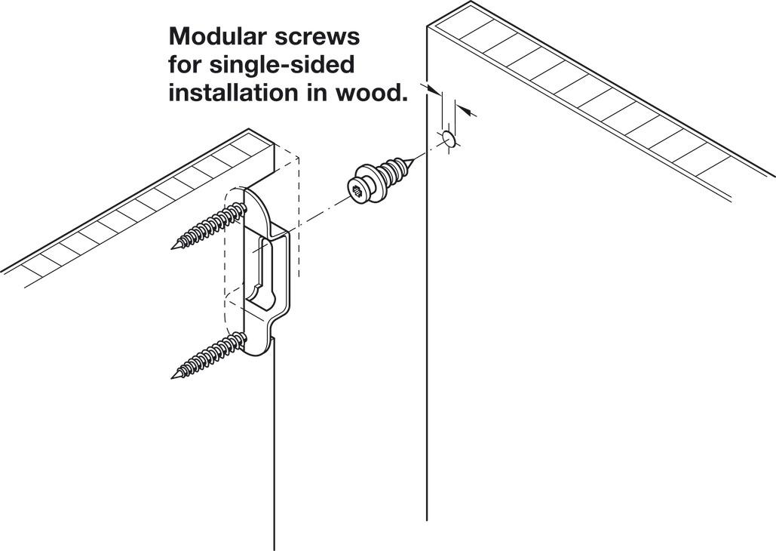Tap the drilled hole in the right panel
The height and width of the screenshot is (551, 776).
[x=447, y=139]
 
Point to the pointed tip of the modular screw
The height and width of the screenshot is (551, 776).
[x=413, y=159]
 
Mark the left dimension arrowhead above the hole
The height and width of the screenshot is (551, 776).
[x=434, y=91]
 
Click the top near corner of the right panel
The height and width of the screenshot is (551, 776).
[x=428, y=26]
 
